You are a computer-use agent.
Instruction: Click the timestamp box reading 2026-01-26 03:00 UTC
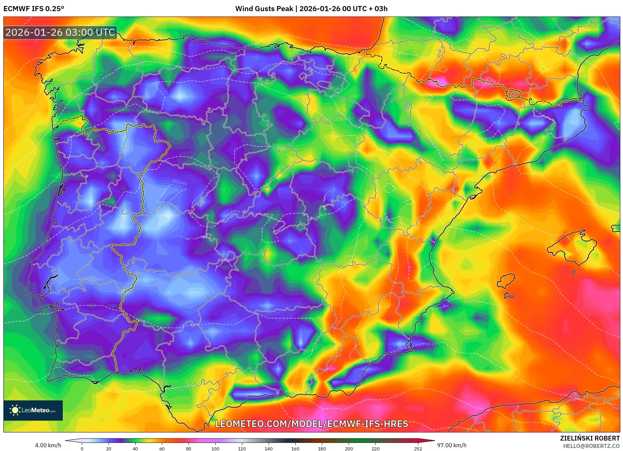[x=60, y=32]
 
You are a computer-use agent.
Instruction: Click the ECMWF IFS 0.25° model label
[x=34, y=9]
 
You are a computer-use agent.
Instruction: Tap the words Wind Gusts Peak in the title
[x=264, y=9]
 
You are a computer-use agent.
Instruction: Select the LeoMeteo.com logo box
[x=33, y=410]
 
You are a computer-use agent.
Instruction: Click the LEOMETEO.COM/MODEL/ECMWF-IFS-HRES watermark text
[x=311, y=424]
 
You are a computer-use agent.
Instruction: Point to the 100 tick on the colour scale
[x=215, y=448]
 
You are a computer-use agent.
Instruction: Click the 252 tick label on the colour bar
[x=418, y=448]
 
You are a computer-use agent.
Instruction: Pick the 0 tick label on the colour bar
[x=82, y=448]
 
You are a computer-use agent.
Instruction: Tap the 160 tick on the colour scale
[x=295, y=448]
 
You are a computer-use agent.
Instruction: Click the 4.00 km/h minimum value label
[x=48, y=445]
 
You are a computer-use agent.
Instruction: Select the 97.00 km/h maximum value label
[x=452, y=445]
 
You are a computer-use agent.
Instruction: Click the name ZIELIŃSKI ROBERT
[x=590, y=438]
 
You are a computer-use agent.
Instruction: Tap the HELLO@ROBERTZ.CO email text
[x=591, y=446]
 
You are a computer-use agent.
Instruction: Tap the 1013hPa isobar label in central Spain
[x=180, y=182]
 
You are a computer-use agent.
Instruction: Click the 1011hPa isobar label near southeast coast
[x=432, y=344]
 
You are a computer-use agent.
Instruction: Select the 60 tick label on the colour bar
[x=162, y=448]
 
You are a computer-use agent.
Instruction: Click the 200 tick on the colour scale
[x=349, y=448]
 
